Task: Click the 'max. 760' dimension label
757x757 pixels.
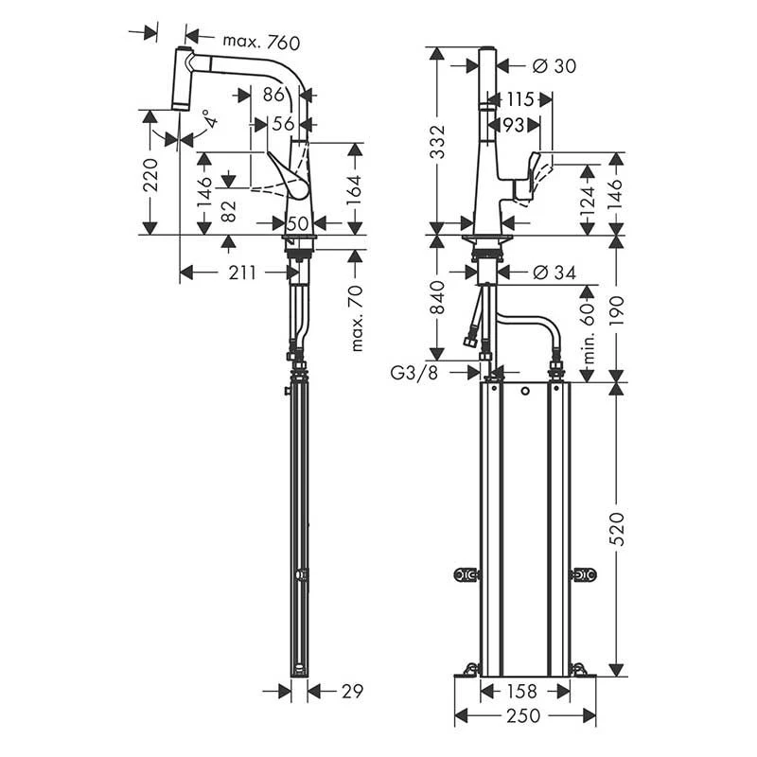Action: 260,42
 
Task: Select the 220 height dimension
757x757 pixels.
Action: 150,173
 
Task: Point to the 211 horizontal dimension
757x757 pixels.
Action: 241,273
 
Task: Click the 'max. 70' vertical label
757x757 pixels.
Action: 357,317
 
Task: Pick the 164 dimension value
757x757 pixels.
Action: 357,189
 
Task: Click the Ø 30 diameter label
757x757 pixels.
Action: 555,65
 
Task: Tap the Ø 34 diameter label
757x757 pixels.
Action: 555,273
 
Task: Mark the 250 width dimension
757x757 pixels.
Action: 525,717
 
